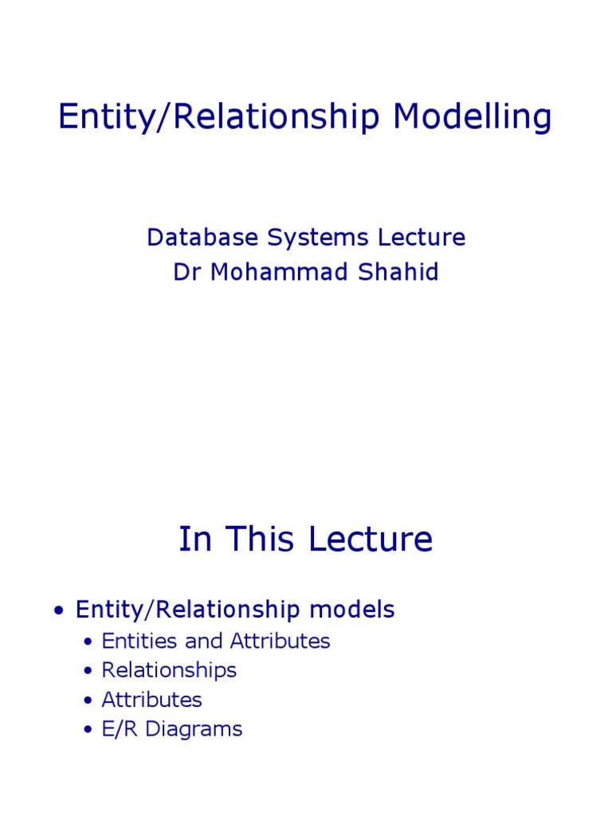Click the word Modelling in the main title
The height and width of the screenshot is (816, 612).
[472, 118]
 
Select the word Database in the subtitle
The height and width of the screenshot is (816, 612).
[201, 237]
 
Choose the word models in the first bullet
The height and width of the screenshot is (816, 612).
[352, 610]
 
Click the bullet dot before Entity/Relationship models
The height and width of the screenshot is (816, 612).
[58, 612]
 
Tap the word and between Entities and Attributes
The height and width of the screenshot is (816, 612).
[203, 641]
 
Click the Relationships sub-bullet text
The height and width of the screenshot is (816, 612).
[169, 670]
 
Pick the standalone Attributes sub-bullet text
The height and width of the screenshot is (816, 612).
[151, 700]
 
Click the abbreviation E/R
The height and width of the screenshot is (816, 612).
[117, 729]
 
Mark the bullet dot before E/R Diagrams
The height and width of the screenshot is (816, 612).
[88, 731]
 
